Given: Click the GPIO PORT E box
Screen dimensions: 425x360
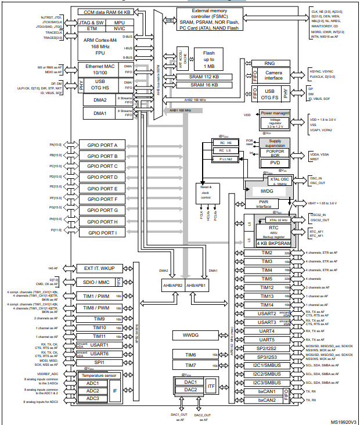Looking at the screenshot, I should [103, 189].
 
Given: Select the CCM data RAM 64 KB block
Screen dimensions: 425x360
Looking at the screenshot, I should [107, 12].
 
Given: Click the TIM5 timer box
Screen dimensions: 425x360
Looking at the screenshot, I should [267, 279].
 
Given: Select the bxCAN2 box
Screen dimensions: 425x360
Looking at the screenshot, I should [267, 400].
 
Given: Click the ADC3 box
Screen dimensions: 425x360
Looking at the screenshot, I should [93, 398].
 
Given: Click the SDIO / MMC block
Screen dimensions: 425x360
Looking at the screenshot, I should [96, 282].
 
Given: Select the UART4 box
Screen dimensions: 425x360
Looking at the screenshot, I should [267, 331].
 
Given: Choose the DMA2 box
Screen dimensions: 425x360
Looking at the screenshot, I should [96, 100].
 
